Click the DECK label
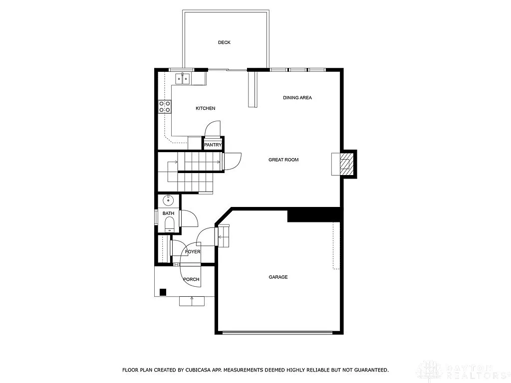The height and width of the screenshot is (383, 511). tap(224, 42)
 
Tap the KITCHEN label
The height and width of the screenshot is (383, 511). tap(205, 108)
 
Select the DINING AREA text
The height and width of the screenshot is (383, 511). tap(297, 98)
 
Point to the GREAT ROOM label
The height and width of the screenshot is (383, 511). tap(283, 160)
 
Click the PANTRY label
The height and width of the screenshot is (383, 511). tap(213, 145)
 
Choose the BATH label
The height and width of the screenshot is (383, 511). tap(168, 213)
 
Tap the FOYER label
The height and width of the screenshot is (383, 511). tap(193, 252)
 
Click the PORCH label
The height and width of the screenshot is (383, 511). tap(191, 279)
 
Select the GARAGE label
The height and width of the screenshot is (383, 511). tap(278, 277)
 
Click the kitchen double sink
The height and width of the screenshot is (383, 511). tap(182, 78)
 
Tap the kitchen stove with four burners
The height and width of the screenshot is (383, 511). tap(165, 106)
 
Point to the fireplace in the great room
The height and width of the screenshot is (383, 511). tap(344, 164)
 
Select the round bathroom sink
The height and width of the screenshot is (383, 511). tap(168, 200)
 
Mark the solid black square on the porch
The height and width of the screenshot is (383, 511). tap(163, 292)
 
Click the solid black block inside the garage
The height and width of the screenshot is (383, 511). tap(313, 215)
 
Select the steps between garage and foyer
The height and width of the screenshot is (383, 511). tap(223, 235)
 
